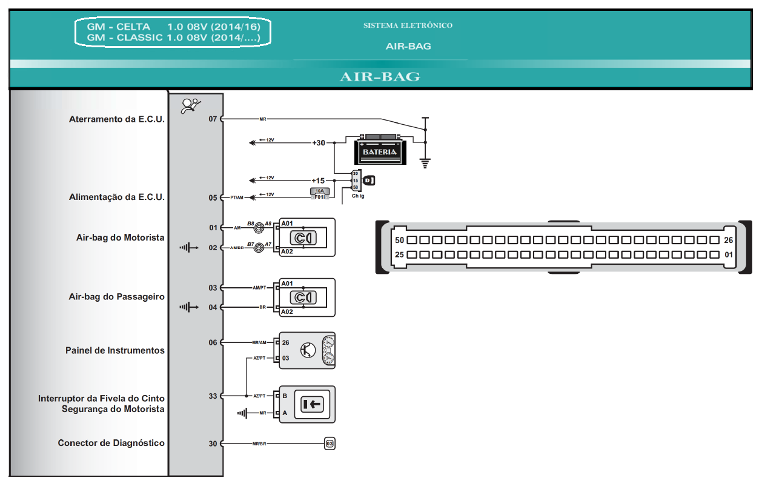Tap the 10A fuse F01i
(x=319, y=193)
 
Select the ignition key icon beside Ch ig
(x=368, y=180)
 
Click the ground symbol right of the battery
(x=425, y=162)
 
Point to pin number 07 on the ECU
(x=213, y=119)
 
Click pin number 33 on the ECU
(x=213, y=396)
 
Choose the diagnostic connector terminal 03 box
(x=330, y=444)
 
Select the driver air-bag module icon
(x=302, y=238)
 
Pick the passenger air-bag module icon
(x=302, y=297)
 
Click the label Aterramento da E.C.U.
(x=117, y=119)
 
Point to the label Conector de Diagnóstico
(x=111, y=443)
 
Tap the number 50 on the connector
(x=399, y=240)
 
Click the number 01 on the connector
(x=729, y=254)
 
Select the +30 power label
(x=318, y=143)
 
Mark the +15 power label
(x=318, y=181)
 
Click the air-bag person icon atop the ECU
(x=191, y=106)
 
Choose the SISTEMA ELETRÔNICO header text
(x=408, y=25)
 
